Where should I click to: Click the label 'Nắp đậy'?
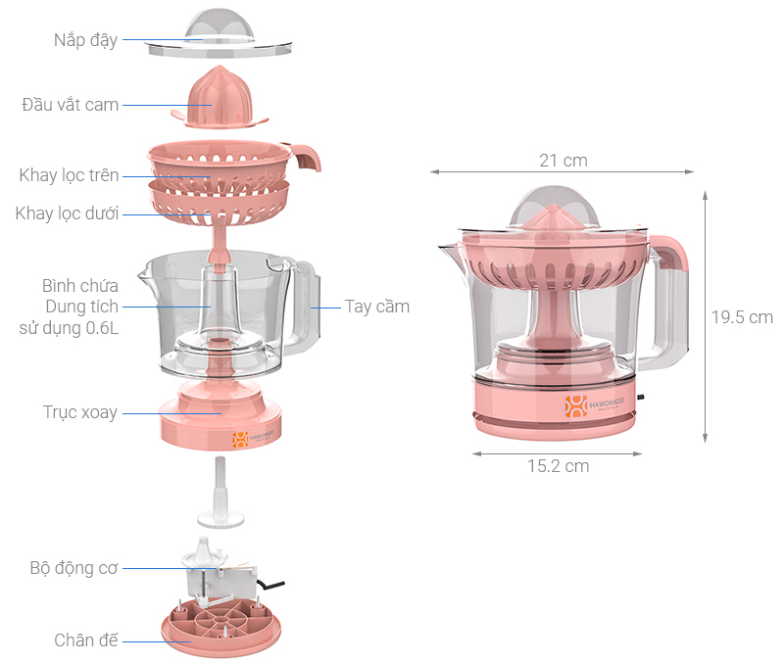tap(85, 40)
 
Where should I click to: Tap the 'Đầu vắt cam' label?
tap(70, 105)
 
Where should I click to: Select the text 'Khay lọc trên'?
tap(69, 175)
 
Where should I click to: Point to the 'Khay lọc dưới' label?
tap(67, 213)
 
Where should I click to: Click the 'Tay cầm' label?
tap(377, 307)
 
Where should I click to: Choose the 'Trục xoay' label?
tap(80, 412)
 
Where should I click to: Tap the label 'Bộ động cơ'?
tap(74, 568)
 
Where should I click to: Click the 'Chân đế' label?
tap(86, 640)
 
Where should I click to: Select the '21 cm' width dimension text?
tap(563, 161)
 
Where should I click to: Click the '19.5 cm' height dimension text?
tap(742, 317)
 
